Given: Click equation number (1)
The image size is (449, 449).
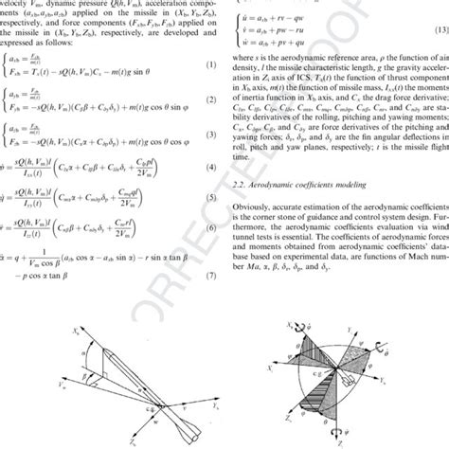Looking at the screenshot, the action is pyautogui.click(x=203, y=64).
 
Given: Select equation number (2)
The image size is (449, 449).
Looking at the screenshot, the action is pyautogui.click(x=203, y=104).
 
